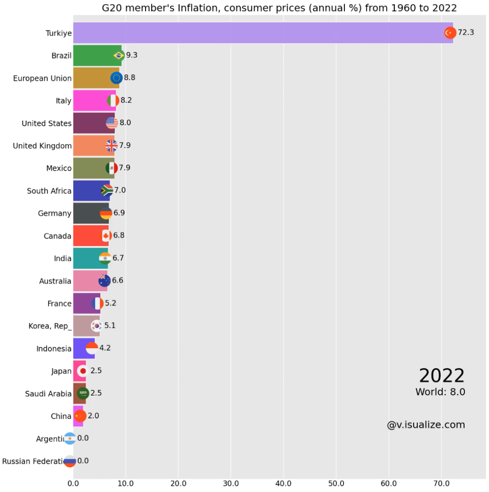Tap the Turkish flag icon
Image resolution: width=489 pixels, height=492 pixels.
pos(450,33)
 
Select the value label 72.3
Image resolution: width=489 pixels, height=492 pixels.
pos(465,33)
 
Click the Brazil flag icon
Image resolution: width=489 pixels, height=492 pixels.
pos(119,55)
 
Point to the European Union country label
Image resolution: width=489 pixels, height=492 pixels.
pos(42,78)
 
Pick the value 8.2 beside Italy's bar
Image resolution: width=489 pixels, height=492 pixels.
pos(126,100)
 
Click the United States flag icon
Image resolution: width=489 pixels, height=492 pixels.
pos(112,123)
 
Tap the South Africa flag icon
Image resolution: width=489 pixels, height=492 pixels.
pos(107,190)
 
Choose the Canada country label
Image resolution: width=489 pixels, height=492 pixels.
pos(58,236)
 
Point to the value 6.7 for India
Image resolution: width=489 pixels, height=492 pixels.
pos(118,258)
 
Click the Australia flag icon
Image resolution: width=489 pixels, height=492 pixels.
pos(104,281)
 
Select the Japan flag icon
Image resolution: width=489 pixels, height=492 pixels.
pos(83,371)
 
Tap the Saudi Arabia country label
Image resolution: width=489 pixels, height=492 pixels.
pos(48,394)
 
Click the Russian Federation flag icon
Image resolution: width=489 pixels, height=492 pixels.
pos(70,461)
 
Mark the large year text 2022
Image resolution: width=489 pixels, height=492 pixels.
pos(441,376)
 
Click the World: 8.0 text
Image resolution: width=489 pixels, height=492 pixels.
pos(440,392)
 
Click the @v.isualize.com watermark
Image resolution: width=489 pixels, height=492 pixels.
pos(426,425)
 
